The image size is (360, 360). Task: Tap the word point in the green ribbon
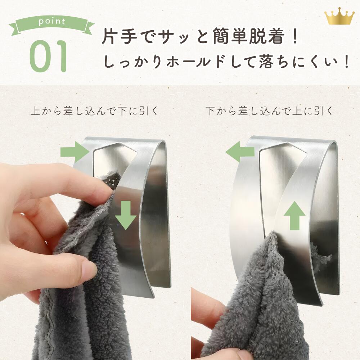(x=52, y=22)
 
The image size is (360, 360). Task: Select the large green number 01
(x=49, y=56)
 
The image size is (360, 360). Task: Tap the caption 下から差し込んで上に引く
(x=270, y=111)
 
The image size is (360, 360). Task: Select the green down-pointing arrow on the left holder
(x=126, y=215)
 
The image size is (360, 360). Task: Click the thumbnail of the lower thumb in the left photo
(x=89, y=269)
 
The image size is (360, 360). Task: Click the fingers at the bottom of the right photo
(x=205, y=317)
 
